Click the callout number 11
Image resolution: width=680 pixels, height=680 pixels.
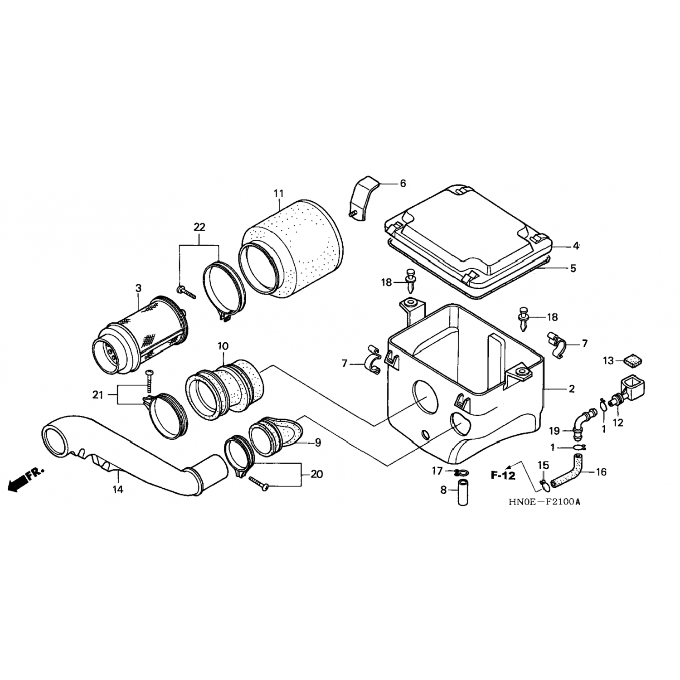[x=278, y=194]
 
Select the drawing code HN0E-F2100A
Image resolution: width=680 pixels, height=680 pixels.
[x=544, y=502]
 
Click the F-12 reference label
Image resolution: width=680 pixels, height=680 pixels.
[x=503, y=475]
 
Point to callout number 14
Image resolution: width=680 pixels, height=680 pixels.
[x=118, y=489]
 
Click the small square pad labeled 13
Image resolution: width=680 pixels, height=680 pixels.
[x=629, y=361]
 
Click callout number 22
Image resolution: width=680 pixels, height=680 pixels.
[x=199, y=227]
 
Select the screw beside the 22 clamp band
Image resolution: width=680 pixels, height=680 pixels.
[x=186, y=292]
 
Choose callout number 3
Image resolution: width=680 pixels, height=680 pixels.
[x=138, y=288]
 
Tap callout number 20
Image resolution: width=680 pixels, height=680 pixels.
[x=317, y=474]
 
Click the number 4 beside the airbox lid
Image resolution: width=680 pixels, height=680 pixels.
[x=576, y=246]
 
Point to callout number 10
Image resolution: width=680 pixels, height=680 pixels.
[x=222, y=346]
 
